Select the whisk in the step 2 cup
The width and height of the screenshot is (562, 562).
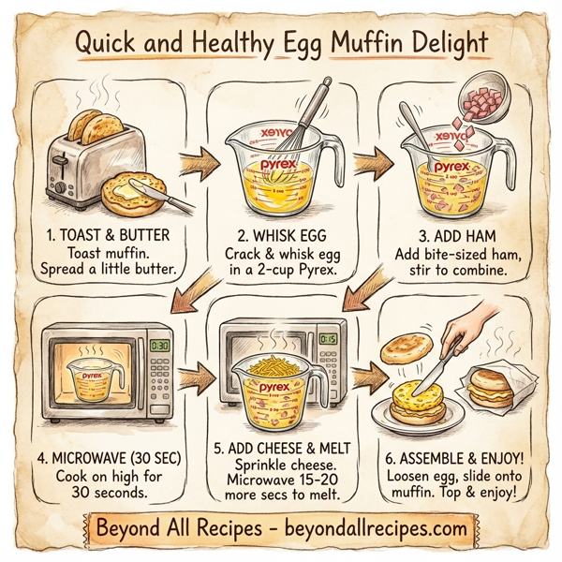click(x=311, y=112)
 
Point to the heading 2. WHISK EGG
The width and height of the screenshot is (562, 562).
click(x=282, y=235)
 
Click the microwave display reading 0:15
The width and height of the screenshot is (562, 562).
click(x=328, y=339)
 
